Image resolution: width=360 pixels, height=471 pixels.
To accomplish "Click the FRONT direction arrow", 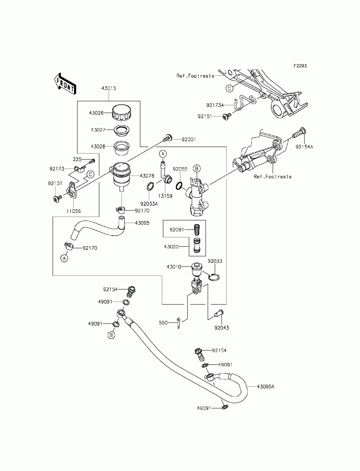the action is (x=64, y=84).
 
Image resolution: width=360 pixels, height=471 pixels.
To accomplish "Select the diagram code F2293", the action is (x=300, y=65).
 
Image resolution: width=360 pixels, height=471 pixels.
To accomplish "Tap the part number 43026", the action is (x=96, y=113).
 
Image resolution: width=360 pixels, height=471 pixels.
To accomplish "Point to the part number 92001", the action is (x=189, y=140).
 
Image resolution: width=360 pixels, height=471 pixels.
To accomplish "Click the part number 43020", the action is (x=171, y=247).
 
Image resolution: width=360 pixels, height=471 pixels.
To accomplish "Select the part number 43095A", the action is (x=266, y=387).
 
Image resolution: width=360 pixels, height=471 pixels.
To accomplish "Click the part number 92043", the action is (x=221, y=328).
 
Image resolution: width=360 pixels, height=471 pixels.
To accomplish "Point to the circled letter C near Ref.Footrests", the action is (x=229, y=89).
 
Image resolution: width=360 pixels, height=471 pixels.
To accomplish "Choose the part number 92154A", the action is (x=304, y=147).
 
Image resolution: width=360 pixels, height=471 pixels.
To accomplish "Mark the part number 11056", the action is (x=73, y=211).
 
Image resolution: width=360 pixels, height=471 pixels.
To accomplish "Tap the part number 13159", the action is (x=165, y=196).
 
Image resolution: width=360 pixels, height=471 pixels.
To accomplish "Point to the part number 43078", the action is (x=147, y=176).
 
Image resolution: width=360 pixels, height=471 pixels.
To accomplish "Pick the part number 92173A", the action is (x=215, y=105).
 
